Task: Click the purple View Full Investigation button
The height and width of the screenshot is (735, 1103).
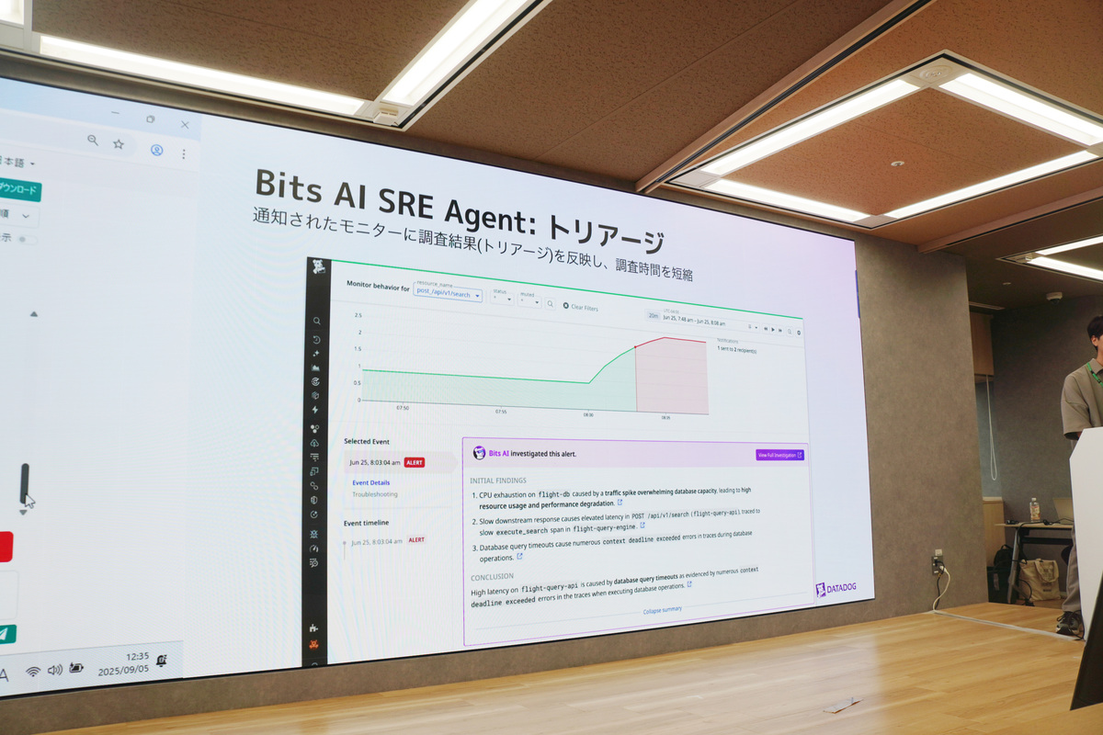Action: pyautogui.click(x=779, y=455)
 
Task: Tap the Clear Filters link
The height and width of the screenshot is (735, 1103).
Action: pyautogui.click(x=580, y=307)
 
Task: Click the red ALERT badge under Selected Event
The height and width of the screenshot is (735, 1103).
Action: pyautogui.click(x=415, y=462)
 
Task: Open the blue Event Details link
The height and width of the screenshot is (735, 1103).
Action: pyautogui.click(x=370, y=482)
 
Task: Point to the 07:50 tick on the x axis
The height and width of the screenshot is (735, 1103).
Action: pyautogui.click(x=403, y=407)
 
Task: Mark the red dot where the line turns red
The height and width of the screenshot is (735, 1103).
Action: pyautogui.click(x=635, y=347)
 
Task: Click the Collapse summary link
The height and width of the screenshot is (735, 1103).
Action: pyautogui.click(x=662, y=610)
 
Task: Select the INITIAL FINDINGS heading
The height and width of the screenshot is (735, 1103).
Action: pyautogui.click(x=498, y=480)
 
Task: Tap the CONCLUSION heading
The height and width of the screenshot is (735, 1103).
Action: pyautogui.click(x=492, y=577)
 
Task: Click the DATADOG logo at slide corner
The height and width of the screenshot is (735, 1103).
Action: pyautogui.click(x=836, y=589)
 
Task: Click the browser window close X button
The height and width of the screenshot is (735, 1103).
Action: pyautogui.click(x=185, y=125)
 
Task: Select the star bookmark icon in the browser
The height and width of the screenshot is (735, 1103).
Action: pyautogui.click(x=119, y=143)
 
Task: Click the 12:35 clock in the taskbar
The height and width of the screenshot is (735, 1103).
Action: pyautogui.click(x=111, y=656)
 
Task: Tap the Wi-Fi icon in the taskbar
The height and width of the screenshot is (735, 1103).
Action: pyautogui.click(x=33, y=672)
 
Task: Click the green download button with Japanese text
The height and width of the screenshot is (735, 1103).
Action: pyautogui.click(x=18, y=189)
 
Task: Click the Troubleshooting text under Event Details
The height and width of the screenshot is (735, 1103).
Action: pyautogui.click(x=375, y=494)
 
